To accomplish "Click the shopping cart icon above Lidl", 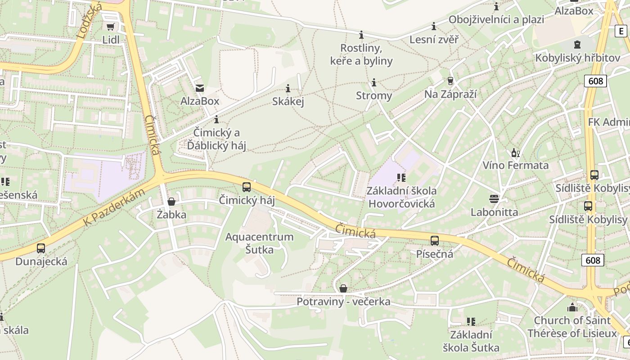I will point(110,27).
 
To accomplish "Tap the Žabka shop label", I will point(171,215).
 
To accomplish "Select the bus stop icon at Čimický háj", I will point(246,187).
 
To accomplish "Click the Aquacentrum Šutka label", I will point(259,243).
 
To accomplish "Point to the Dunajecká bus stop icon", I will point(41,248).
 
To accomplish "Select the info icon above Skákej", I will point(288,88).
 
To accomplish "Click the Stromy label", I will point(373,96).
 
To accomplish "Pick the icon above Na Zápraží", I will point(450,81).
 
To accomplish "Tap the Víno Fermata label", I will point(515,165).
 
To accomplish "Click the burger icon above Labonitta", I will point(494,198).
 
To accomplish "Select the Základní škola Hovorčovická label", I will point(401,197).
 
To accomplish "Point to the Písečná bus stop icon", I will point(434,240).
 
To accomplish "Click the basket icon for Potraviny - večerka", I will point(343,288).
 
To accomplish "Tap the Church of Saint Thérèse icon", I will point(572,307).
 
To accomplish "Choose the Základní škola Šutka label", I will point(471,341).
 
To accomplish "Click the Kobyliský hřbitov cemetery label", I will point(577,58).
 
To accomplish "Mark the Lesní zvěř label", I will point(434,40).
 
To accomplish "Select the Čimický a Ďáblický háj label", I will point(216,139).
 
